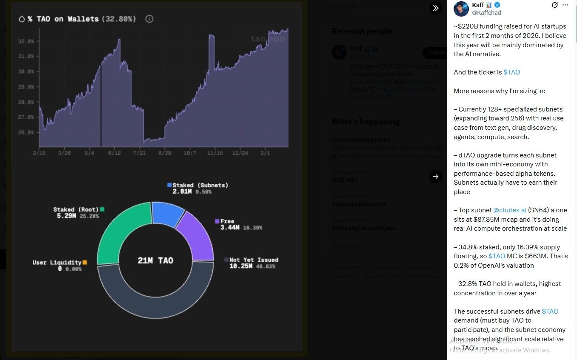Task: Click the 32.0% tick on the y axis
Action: (26, 41)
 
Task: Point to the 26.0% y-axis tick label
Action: (26, 132)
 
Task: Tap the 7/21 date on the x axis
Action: (140, 153)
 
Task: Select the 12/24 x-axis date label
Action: (240, 153)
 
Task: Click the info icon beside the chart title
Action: (149, 19)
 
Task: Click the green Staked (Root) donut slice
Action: (117, 232)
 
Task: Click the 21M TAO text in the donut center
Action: (155, 260)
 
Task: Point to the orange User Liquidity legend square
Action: (85, 263)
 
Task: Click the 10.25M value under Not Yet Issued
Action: (241, 266)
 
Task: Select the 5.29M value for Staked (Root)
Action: (66, 216)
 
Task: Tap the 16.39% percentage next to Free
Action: (252, 228)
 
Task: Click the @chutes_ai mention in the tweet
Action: (509, 210)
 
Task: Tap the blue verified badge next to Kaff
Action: (497, 5)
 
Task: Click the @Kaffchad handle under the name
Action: (487, 13)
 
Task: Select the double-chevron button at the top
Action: (435, 8)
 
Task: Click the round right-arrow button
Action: (435, 176)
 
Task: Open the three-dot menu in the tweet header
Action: (565, 5)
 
